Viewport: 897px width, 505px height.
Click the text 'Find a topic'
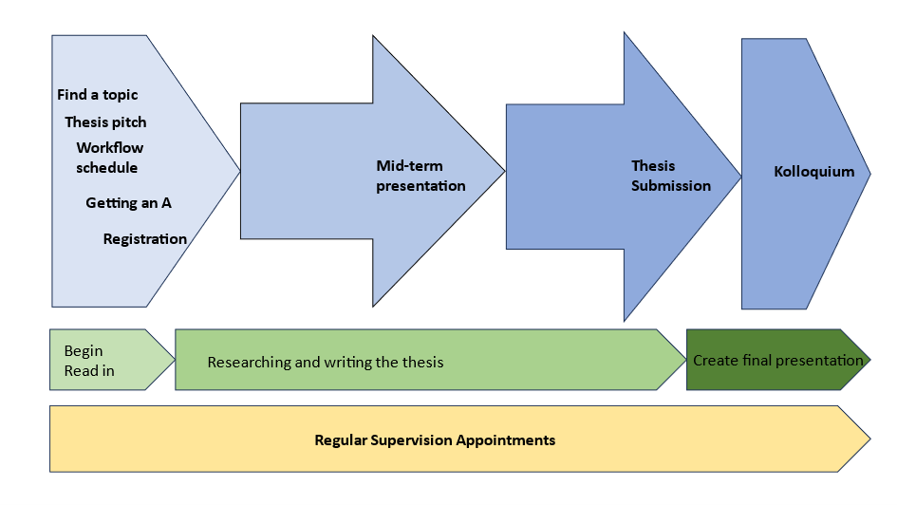point(97,95)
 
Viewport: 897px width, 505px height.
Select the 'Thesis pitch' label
point(105,122)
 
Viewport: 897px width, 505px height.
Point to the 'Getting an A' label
point(128,203)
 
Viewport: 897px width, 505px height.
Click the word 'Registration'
point(144,239)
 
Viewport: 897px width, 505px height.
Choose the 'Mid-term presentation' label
point(420,176)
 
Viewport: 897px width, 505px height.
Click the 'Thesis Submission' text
point(670,176)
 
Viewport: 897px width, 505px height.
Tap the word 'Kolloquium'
point(813,172)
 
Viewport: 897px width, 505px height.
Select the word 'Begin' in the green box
point(84,351)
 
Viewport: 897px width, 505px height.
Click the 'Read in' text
point(89,371)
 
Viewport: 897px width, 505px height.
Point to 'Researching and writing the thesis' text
point(326,362)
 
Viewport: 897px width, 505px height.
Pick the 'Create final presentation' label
point(777,361)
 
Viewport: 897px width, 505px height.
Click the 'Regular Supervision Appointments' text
point(435,440)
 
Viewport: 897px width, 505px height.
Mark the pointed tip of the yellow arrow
point(868,440)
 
